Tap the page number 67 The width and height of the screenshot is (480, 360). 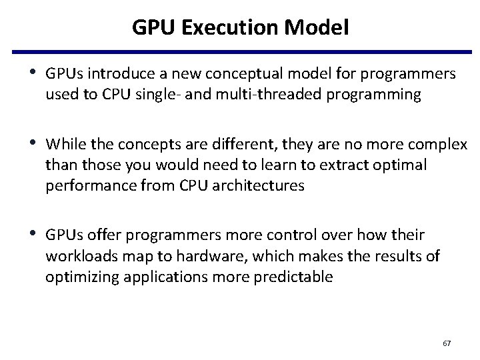point(447,343)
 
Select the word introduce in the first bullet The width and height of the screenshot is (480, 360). point(116,74)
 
